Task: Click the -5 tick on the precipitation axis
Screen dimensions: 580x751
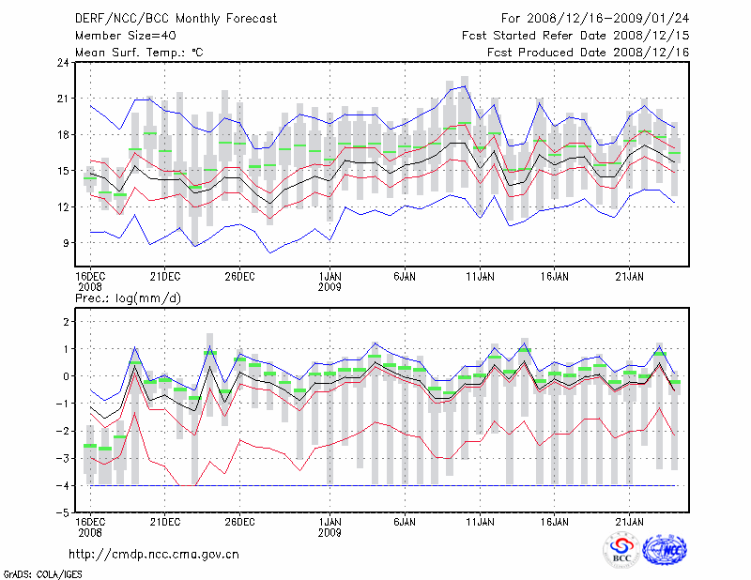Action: (64, 513)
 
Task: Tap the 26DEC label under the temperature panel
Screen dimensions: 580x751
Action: (239, 276)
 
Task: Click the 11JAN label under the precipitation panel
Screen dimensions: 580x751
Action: (480, 521)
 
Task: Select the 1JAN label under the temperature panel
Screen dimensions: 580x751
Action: (330, 276)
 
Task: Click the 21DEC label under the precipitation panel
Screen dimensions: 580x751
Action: (164, 521)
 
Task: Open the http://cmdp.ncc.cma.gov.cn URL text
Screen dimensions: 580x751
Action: (155, 554)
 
